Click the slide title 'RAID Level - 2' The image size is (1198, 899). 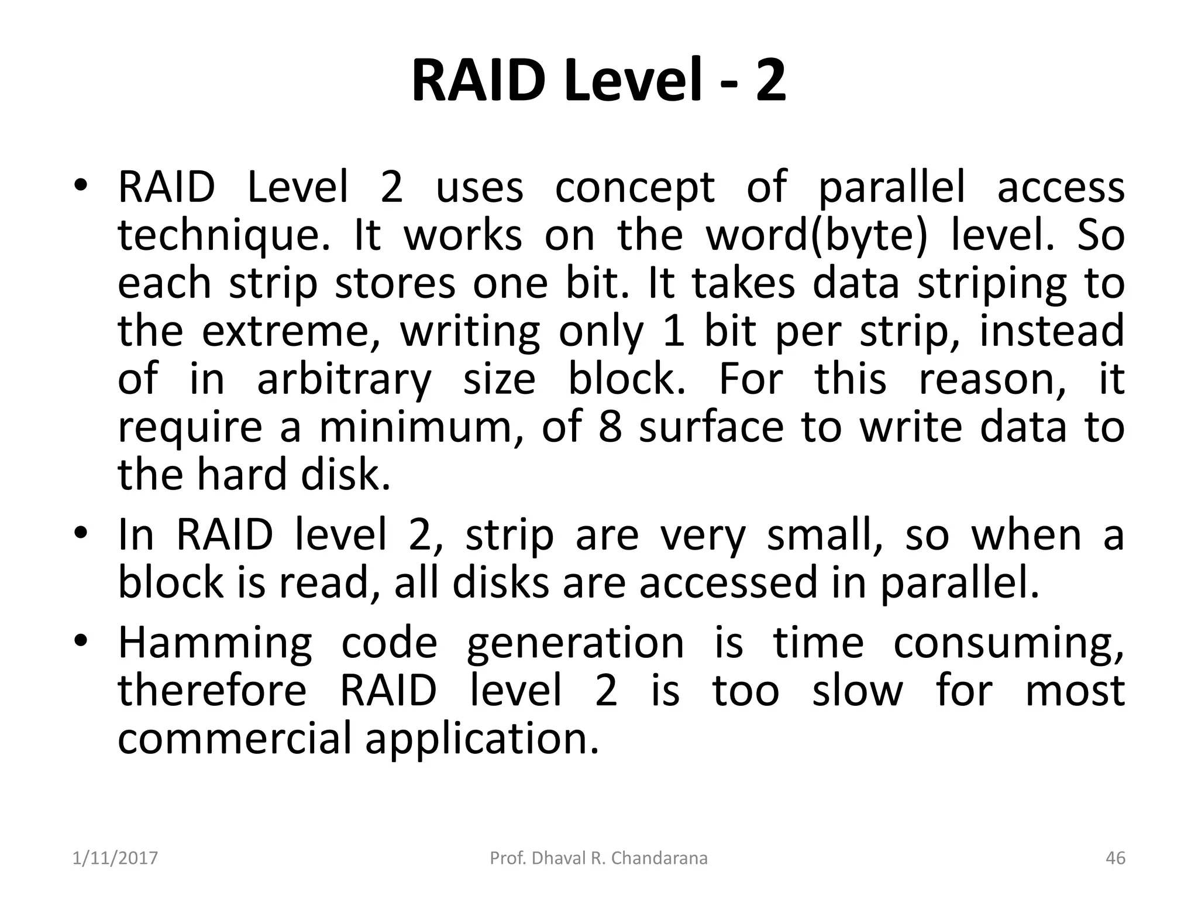click(598, 82)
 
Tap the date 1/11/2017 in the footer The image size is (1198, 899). click(115, 858)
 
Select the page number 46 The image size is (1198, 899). click(1116, 858)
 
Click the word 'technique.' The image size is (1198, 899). click(225, 236)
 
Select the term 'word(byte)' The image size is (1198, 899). click(817, 236)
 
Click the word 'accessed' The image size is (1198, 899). click(728, 583)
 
